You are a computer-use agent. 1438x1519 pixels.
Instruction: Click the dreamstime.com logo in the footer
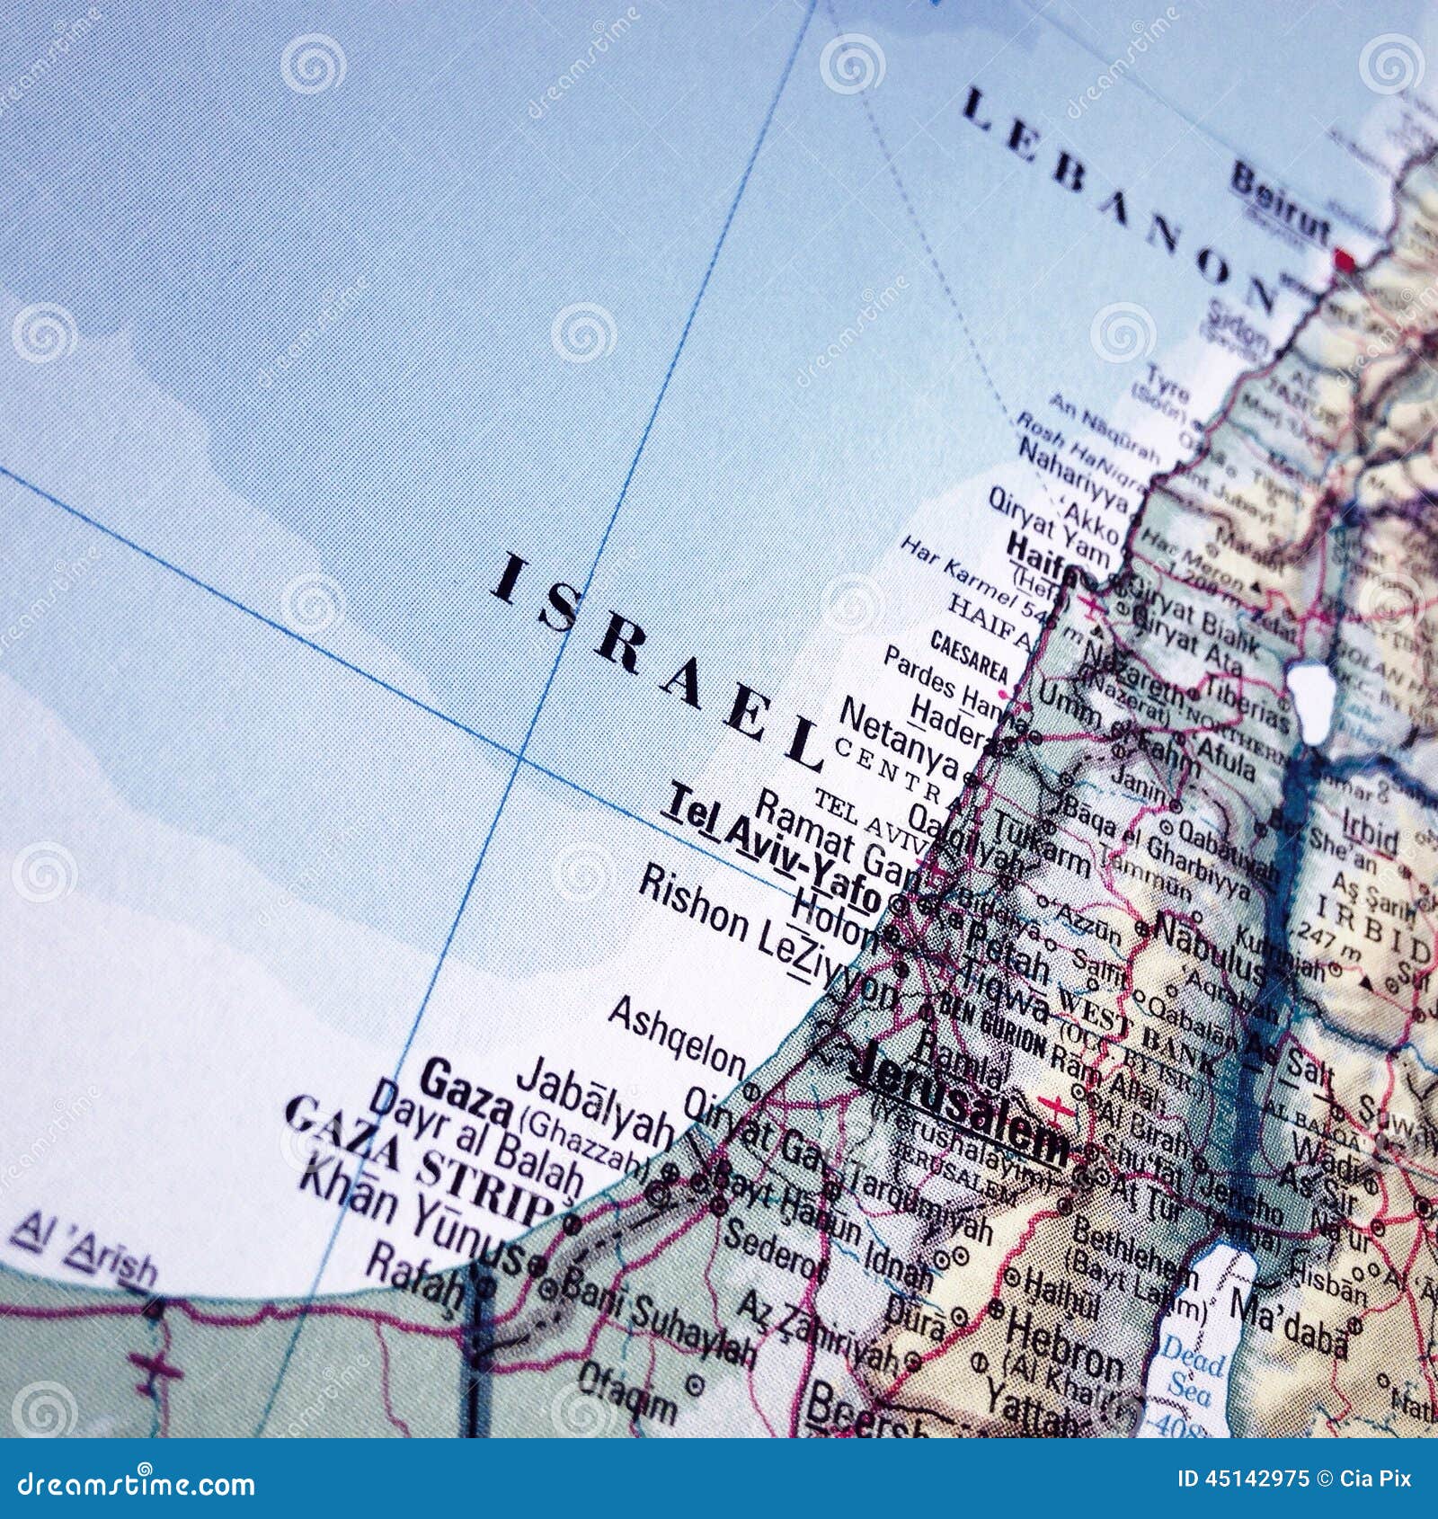click(130, 1485)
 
